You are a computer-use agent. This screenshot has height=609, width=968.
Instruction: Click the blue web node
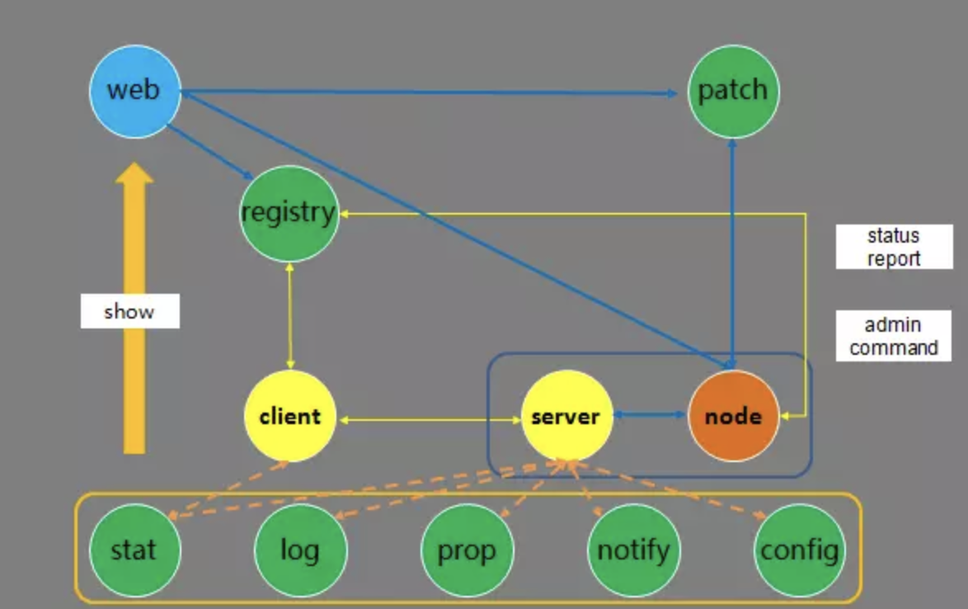(x=134, y=90)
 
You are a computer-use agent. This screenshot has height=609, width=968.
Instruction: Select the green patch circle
(x=733, y=91)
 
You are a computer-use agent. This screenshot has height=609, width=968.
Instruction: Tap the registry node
(x=289, y=214)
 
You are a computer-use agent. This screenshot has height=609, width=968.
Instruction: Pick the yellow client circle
(x=289, y=416)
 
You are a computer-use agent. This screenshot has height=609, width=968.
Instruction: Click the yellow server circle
(x=566, y=416)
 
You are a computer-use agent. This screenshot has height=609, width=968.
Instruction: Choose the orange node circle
(x=733, y=416)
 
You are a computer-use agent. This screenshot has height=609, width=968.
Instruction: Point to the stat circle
(x=134, y=549)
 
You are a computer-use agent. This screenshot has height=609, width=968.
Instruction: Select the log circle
(x=300, y=549)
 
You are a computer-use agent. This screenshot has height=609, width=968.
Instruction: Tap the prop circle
(x=467, y=549)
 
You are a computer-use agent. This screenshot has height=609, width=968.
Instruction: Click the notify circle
(x=633, y=549)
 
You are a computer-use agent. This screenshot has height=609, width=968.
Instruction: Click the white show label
(x=129, y=312)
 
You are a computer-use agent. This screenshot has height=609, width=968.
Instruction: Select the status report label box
(x=894, y=247)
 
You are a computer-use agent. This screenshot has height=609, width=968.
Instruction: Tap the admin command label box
(x=894, y=336)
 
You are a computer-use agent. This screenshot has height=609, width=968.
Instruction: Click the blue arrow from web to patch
(x=429, y=92)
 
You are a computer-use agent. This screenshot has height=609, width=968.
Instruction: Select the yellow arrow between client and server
(x=429, y=421)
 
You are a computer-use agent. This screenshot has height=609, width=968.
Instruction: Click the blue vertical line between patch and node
(x=733, y=248)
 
